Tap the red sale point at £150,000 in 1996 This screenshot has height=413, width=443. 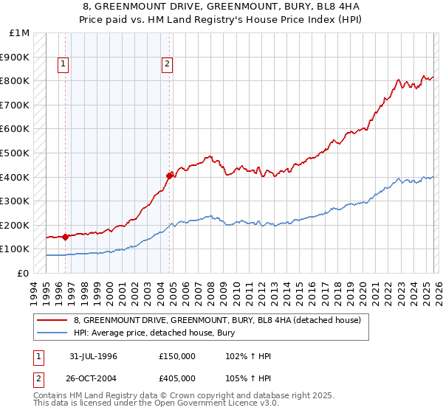66,237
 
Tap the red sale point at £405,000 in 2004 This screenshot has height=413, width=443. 170,176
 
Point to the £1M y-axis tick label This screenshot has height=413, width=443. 21,33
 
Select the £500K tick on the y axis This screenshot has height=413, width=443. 18,153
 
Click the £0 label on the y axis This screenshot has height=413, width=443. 23,273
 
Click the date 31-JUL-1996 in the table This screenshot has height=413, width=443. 93,355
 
